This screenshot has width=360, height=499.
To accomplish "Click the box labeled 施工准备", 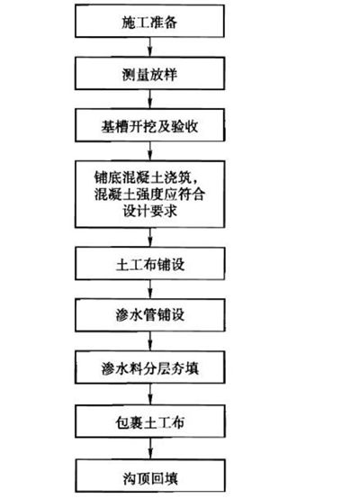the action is [149, 21].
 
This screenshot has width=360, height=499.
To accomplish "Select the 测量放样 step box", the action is [149, 73].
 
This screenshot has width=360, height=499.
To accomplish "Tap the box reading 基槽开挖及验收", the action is [149, 125].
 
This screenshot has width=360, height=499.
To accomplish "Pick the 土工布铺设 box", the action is [149, 264].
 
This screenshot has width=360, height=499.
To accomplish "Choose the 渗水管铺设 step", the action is [149, 315].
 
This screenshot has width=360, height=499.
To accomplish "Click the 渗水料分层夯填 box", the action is [150, 367].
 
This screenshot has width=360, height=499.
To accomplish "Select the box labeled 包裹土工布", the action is [150, 421].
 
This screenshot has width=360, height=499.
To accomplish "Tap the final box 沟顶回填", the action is [150, 476].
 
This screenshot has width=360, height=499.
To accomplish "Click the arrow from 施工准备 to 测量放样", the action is [149, 47].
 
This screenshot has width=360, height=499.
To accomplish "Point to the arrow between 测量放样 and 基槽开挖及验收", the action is [149, 99].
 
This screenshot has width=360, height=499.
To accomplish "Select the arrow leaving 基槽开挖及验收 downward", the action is [149, 151].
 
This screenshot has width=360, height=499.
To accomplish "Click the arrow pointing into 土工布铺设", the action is [150, 238].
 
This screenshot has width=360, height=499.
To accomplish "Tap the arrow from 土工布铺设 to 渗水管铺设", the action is [150, 289].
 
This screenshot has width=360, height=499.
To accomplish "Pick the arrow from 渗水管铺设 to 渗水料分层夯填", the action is [150, 341].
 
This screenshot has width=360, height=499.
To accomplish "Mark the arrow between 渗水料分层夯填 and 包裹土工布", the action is [150, 395].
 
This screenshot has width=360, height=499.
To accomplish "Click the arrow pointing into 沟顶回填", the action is [150, 449].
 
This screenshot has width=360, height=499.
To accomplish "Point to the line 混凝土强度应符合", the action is [149, 194].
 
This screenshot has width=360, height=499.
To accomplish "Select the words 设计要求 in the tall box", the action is [149, 211].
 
